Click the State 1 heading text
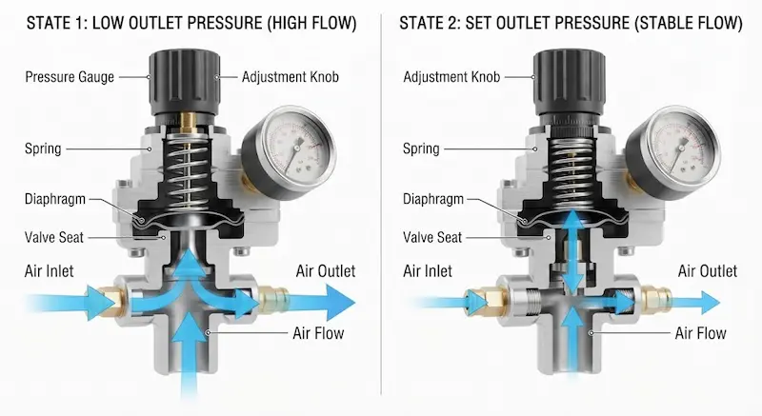[191, 23]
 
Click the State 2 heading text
[571, 23]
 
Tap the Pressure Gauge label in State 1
[70, 77]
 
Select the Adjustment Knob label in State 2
[451, 77]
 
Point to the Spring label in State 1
[43, 149]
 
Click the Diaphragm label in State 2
[433, 199]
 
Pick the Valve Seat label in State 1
[54, 237]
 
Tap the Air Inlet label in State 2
[427, 271]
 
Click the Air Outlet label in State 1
[326, 271]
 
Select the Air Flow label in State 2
[700, 333]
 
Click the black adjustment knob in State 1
[184, 83]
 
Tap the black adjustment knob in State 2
[569, 83]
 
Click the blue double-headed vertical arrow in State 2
[574, 251]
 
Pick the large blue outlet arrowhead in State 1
[339, 302]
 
